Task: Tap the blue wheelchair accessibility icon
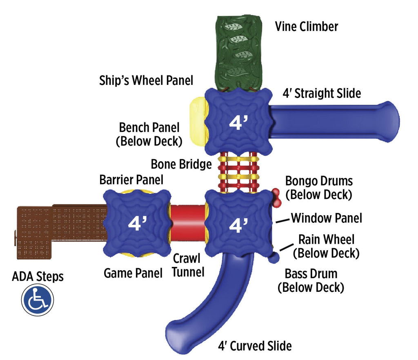(38, 300)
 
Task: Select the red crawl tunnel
(188, 222)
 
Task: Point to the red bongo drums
(276, 198)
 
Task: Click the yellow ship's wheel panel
(199, 121)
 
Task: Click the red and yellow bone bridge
(238, 172)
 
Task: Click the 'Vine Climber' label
(307, 27)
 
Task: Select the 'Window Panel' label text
(327, 218)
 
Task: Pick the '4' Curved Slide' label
(255, 346)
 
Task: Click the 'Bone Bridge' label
(181, 164)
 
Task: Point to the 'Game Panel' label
(133, 273)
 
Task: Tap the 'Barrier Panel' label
(131, 180)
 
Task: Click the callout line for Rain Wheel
(287, 247)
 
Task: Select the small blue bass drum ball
(273, 258)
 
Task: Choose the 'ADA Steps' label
(38, 276)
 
